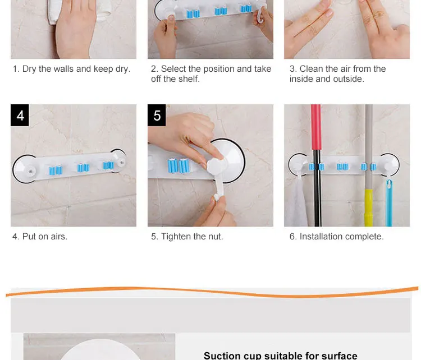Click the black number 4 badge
click(20, 116)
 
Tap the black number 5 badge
click(157, 116)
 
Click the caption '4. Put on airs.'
click(40, 236)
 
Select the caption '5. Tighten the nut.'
click(187, 236)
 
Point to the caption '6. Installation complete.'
click(336, 236)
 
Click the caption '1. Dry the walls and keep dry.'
click(71, 69)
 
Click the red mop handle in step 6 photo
click(316, 127)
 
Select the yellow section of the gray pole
click(368, 207)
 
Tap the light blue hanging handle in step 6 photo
click(389, 202)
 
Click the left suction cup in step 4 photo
click(25, 169)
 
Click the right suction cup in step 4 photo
click(118, 161)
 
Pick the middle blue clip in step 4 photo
click(83, 168)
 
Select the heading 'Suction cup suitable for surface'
click(280, 356)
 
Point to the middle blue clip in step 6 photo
click(342, 167)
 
